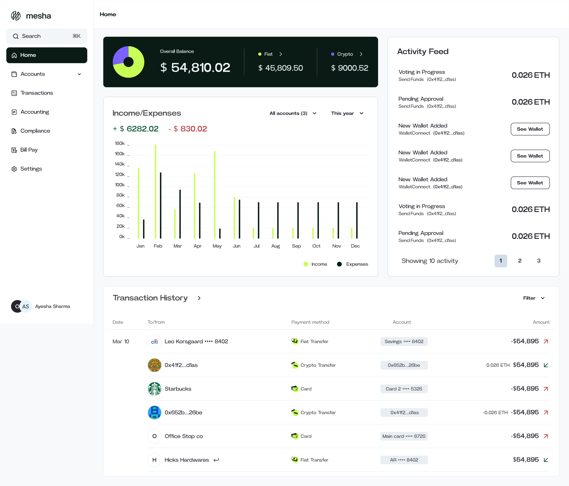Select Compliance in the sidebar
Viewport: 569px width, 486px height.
(x=35, y=131)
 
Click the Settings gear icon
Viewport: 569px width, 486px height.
(x=14, y=169)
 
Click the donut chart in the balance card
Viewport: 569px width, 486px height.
(x=129, y=62)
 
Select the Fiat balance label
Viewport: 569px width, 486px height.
(x=268, y=54)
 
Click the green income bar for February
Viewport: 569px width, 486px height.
(x=155, y=192)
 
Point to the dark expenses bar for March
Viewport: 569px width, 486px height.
(x=180, y=214)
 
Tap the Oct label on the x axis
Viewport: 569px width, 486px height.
(x=316, y=246)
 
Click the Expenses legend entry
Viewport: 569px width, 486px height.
(x=353, y=264)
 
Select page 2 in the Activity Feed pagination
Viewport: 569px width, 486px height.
(x=520, y=261)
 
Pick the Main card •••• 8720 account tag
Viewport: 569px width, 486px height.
(x=404, y=436)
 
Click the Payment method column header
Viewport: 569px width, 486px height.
(x=310, y=322)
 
